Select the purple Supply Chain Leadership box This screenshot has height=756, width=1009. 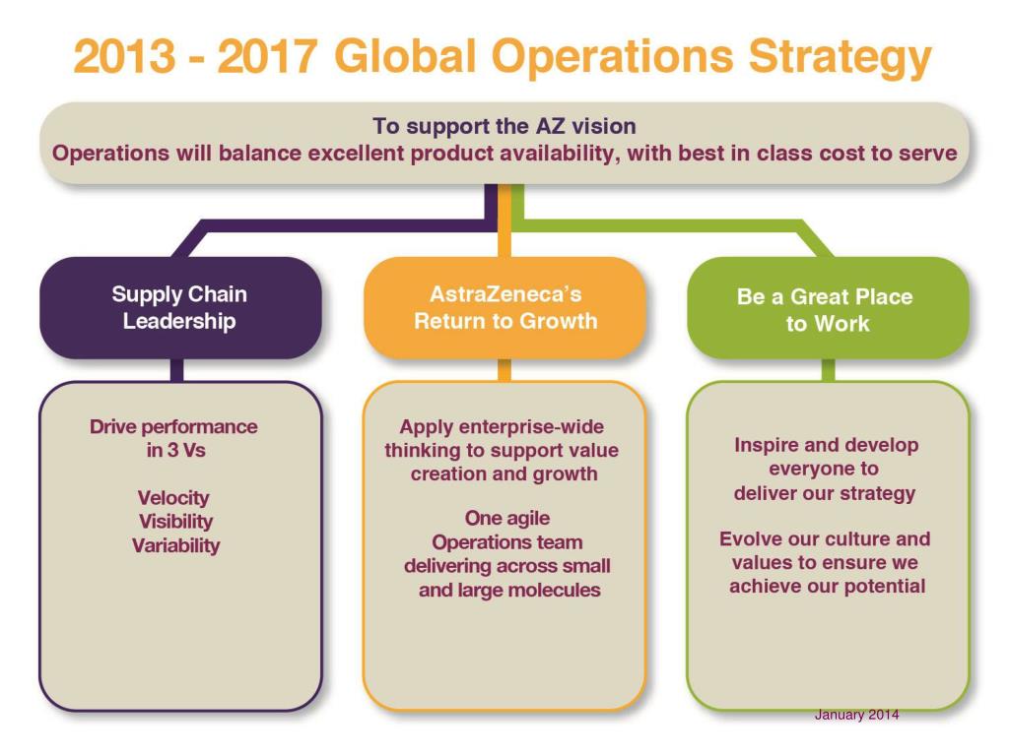[179, 307]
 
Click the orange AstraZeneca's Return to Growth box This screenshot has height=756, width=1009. [504, 307]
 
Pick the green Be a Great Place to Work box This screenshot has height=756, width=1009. [827, 309]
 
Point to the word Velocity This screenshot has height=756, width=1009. [173, 498]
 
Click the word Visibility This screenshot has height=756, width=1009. [175, 522]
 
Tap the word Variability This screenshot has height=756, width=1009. [176, 545]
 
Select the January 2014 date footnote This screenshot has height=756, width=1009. [856, 715]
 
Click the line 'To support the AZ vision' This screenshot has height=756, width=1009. [504, 126]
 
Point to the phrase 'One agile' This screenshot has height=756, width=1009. [506, 518]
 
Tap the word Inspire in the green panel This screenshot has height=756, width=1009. [766, 445]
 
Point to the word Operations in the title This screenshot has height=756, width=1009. [614, 57]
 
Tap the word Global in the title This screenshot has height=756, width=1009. [408, 57]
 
